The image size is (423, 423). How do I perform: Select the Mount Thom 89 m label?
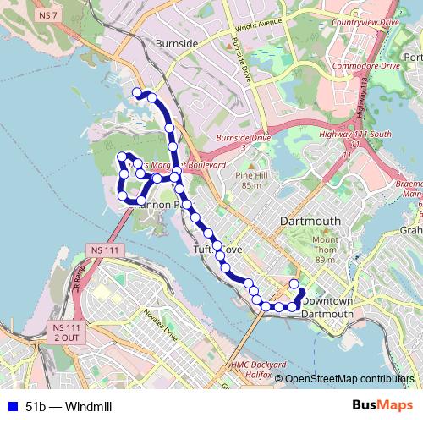(326, 250)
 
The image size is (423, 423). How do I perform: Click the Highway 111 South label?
(354, 135)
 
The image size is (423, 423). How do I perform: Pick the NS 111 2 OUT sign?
(65, 332)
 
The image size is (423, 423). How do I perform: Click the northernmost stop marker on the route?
(137, 92)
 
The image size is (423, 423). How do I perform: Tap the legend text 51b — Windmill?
(69, 407)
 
